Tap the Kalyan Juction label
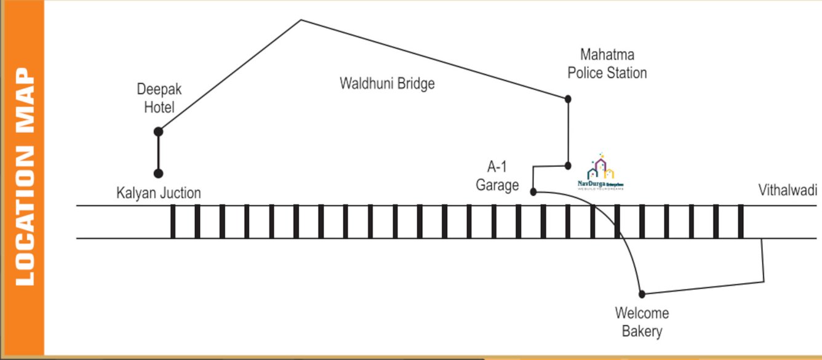(159, 193)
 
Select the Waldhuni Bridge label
(387, 83)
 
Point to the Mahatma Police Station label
(607, 64)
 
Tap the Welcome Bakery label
(642, 322)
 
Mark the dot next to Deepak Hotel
(158, 132)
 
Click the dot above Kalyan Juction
(158, 174)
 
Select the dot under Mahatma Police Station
(568, 98)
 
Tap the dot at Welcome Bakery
(642, 294)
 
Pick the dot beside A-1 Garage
(533, 192)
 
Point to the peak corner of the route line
(301, 20)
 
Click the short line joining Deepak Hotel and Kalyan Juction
(158, 153)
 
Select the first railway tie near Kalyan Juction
(173, 222)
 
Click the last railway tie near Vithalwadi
(741, 222)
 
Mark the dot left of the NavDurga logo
(568, 166)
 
